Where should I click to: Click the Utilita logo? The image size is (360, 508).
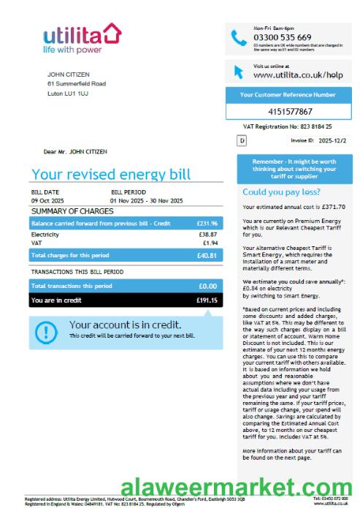point(81,38)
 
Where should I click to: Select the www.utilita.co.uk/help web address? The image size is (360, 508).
point(297,75)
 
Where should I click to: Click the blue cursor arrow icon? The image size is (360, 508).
point(238,72)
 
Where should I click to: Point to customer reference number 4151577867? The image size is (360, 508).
point(290,112)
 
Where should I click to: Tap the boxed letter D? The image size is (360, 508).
point(242,140)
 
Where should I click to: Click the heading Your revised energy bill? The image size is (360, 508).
point(110,174)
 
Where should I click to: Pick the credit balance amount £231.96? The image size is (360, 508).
point(207,222)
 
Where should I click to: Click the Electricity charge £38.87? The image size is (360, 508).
point(208,234)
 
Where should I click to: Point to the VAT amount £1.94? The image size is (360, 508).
point(210,242)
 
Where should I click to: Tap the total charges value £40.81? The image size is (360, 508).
point(207,256)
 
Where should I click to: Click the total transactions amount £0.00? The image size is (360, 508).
point(208,286)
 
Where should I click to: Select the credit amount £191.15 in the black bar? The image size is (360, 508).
point(207,300)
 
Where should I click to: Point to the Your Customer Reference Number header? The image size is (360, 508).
point(288,95)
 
